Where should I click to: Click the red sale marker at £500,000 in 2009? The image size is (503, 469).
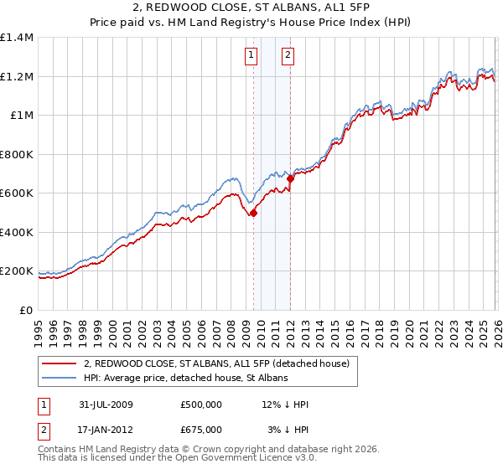(254, 213)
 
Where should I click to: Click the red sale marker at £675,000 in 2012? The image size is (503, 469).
(291, 178)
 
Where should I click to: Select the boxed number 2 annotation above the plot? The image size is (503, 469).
(288, 56)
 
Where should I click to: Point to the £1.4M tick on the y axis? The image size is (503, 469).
(17, 38)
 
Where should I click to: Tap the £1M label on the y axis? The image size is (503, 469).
(22, 116)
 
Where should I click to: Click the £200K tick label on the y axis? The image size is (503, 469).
(17, 271)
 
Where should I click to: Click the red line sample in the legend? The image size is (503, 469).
(61, 363)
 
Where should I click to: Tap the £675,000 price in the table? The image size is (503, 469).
(201, 430)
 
